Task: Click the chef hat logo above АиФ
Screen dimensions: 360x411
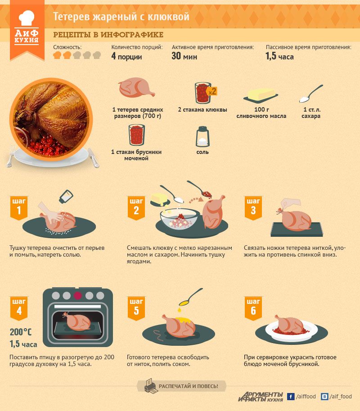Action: (x=27, y=18)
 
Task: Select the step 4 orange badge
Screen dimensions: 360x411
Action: (x=19, y=308)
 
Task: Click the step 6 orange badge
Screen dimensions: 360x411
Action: (x=253, y=308)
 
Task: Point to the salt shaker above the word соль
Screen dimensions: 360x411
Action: (x=202, y=136)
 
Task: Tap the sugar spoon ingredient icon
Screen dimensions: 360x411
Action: (x=311, y=94)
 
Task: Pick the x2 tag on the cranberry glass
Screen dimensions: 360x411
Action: (x=211, y=91)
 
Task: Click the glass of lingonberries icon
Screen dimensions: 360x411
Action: (x=136, y=135)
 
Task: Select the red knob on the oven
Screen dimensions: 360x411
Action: (x=77, y=296)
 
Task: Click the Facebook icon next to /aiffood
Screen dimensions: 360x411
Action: (x=291, y=396)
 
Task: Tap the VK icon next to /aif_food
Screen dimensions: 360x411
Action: (x=324, y=396)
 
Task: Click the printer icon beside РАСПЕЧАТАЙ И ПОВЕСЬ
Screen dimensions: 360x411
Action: (x=151, y=386)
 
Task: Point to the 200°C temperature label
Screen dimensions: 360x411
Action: (x=21, y=332)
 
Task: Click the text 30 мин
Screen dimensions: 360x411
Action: (x=184, y=56)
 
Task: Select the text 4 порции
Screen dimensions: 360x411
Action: (x=126, y=56)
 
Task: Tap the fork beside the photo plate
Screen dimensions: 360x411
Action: (x=10, y=157)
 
